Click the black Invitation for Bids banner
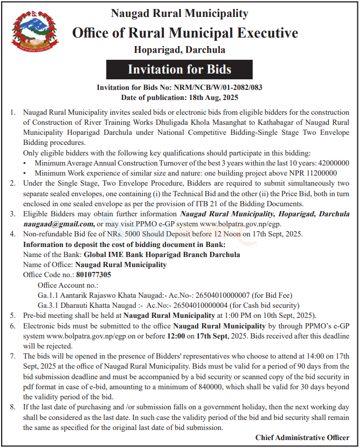tap(179, 69)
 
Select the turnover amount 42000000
tap(332, 163)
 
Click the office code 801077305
tap(94, 275)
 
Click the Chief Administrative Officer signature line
tap(302, 437)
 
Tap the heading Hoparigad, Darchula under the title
tap(179, 50)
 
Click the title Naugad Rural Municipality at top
tap(179, 13)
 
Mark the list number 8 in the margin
tap(12, 407)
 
